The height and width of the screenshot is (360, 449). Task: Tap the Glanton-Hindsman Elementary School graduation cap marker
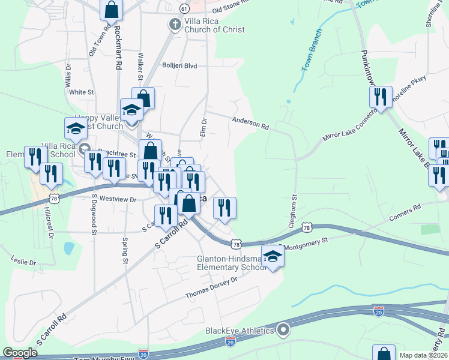coord(273,257)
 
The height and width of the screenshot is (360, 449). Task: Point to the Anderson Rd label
coord(251,124)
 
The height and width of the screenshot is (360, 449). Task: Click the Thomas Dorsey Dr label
coord(211,289)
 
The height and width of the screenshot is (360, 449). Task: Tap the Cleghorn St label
coord(294,208)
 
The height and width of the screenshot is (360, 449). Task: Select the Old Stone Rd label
coord(232,7)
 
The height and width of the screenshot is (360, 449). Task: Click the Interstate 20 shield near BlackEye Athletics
coord(230,341)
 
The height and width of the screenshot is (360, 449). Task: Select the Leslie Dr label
coord(23,262)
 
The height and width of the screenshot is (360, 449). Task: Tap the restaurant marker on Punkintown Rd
coord(381,97)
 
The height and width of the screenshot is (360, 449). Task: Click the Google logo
coord(20,353)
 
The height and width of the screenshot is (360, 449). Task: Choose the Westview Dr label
coord(114,198)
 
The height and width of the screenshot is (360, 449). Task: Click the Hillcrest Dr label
coord(49,223)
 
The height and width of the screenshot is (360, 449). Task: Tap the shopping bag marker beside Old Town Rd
coord(111,9)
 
